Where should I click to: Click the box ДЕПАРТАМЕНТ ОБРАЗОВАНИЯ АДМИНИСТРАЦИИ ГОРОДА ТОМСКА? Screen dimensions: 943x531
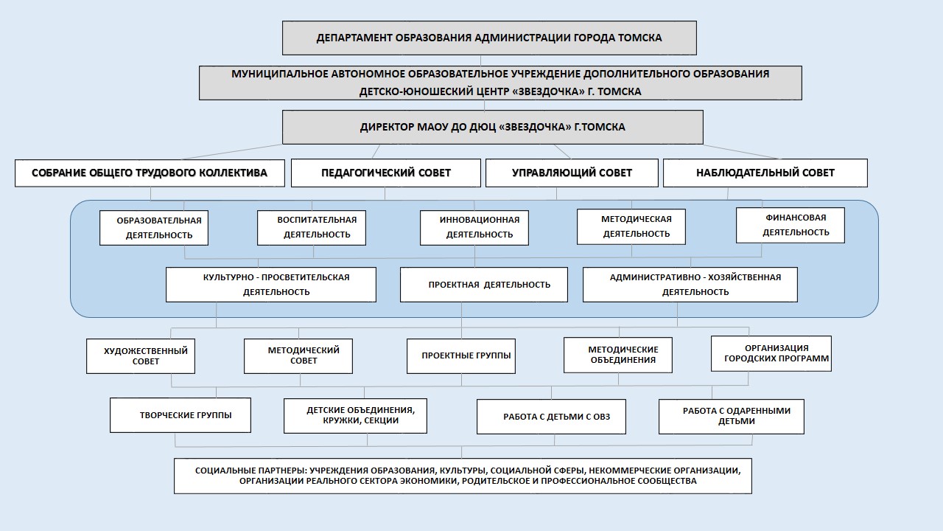[x=489, y=38]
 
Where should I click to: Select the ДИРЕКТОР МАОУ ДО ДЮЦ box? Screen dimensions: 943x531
[x=493, y=128]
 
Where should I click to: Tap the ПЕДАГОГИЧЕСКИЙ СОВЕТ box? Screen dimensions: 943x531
[x=385, y=173]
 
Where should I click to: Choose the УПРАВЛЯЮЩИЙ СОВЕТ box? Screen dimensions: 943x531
[x=572, y=173]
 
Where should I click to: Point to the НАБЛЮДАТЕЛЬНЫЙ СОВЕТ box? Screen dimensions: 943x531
[x=765, y=173]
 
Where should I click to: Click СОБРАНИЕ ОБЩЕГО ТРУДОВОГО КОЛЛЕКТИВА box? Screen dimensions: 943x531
[x=150, y=173]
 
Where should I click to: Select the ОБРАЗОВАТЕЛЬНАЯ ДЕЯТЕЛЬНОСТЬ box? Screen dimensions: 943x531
[x=154, y=228]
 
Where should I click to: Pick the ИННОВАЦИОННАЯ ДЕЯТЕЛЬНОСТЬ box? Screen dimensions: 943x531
[x=474, y=228]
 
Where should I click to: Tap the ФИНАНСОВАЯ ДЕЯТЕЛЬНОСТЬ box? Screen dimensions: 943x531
[x=790, y=225]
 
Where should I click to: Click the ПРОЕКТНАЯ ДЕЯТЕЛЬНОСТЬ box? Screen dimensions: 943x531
[x=484, y=285]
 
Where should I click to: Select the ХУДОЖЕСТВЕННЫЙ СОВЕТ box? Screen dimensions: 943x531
[x=141, y=356]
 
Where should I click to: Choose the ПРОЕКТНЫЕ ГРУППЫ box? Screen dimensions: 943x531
[x=461, y=356]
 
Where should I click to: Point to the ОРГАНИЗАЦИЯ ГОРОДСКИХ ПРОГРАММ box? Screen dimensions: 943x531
[x=771, y=353]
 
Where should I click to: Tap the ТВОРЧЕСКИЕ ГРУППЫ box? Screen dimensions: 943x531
[x=180, y=415]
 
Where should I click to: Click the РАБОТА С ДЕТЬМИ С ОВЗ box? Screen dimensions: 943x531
[x=551, y=417]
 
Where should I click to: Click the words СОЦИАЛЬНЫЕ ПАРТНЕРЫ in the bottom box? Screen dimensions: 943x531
[x=251, y=471]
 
